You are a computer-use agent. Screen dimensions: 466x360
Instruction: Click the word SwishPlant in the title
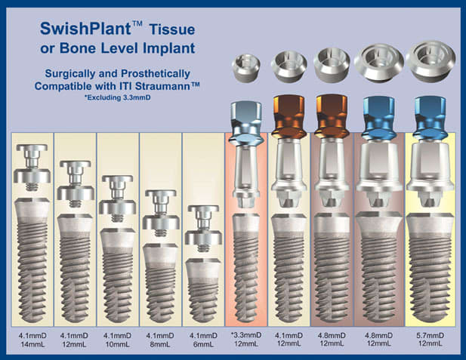(x=85, y=29)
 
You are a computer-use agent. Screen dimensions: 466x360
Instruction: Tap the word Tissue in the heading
(x=172, y=29)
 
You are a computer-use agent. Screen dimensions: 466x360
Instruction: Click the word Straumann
(x=167, y=86)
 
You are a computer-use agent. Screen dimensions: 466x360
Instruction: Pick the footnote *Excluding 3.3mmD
(x=117, y=97)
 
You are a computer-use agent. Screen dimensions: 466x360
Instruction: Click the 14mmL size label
(x=32, y=345)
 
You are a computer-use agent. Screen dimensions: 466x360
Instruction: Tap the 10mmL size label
(x=117, y=345)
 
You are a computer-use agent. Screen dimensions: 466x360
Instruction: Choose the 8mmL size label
(x=160, y=345)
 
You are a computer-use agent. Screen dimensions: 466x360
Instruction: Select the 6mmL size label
(x=203, y=345)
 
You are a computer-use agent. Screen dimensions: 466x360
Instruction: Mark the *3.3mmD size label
(x=246, y=335)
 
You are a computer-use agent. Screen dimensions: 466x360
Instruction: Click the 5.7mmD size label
(x=431, y=336)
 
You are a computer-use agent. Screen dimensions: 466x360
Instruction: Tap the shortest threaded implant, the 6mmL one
(x=203, y=291)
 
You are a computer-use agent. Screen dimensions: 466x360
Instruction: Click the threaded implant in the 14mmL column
(x=32, y=260)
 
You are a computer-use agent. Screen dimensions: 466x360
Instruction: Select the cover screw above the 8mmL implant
(x=160, y=214)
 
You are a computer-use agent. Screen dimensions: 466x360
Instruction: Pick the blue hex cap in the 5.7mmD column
(x=431, y=118)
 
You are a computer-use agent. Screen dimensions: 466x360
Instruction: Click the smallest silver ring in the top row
(x=245, y=68)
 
